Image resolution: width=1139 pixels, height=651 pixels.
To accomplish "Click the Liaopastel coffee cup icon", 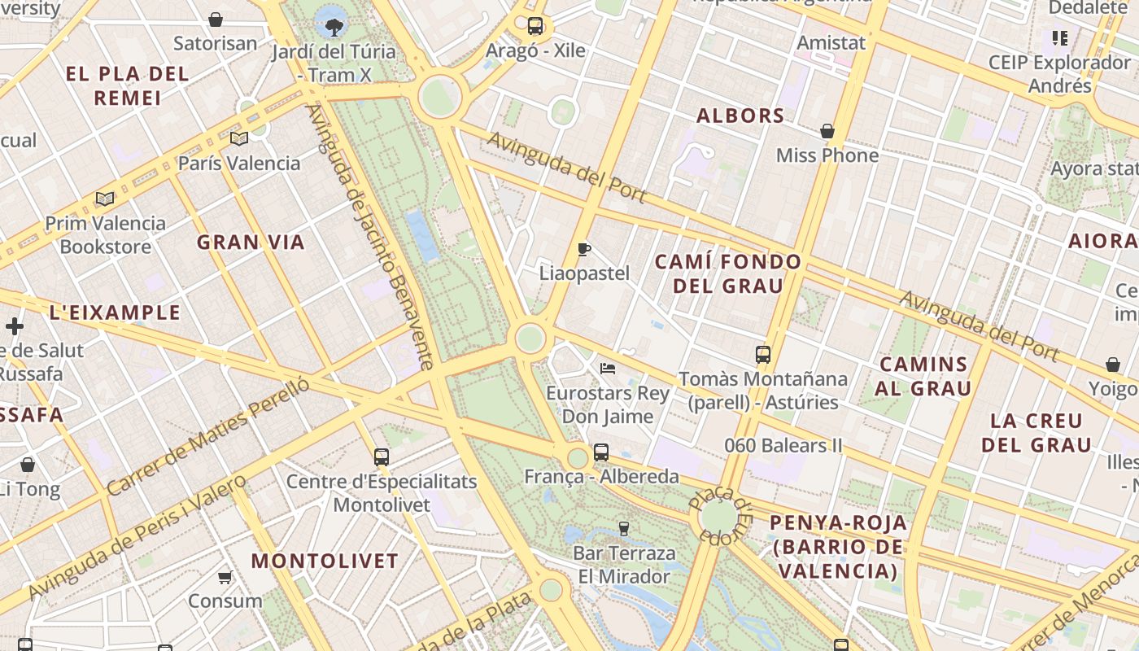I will point(583,249).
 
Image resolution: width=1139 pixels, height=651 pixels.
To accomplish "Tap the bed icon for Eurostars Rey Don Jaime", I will point(608,369).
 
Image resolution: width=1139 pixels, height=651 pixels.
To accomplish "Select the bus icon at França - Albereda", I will point(601,452).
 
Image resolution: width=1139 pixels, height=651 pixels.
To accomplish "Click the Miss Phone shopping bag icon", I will point(827,131).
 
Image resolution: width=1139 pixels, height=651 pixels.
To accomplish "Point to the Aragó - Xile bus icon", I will point(535,26).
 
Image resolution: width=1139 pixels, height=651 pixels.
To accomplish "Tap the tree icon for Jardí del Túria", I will point(334,28).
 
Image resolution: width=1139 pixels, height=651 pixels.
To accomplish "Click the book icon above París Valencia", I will point(238,139).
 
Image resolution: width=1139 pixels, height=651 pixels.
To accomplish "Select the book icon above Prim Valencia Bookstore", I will point(105,199).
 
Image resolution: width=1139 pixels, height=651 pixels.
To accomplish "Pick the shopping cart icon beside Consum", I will point(225,577).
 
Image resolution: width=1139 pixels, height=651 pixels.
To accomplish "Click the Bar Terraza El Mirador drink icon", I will point(624,529).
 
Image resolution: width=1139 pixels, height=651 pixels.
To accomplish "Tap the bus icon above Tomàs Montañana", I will point(763,355).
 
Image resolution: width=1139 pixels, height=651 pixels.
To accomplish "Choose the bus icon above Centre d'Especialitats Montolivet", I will point(382,457).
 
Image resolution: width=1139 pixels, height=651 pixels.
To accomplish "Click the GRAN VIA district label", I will point(251,242).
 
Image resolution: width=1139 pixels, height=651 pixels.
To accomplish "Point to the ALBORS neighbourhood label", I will point(740,116).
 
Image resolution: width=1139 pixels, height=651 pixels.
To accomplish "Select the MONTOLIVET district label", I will point(325,561).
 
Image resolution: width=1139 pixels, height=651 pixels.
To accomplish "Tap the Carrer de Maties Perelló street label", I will point(209,435).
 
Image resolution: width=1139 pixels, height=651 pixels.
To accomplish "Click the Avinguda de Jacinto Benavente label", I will point(370,236).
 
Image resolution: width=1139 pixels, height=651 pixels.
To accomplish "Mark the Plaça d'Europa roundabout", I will point(718,517).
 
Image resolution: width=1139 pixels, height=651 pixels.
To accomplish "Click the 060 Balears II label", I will point(783,446).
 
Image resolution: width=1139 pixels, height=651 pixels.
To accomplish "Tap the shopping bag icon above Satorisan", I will point(216,20).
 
